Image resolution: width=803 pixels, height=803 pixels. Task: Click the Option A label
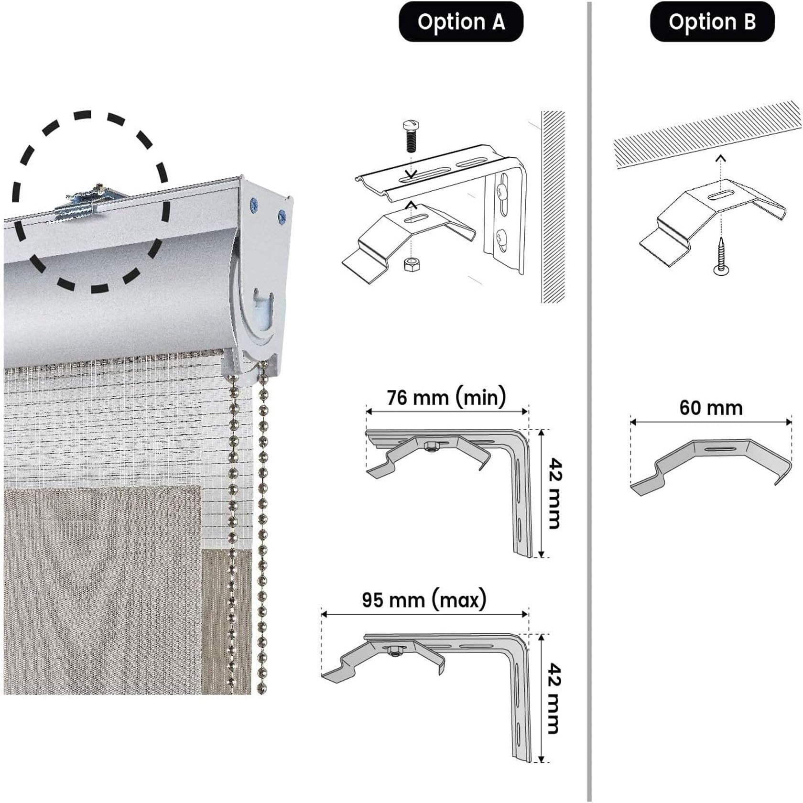pyautogui.click(x=461, y=22)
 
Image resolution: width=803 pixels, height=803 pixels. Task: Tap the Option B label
pyautogui.click(x=712, y=22)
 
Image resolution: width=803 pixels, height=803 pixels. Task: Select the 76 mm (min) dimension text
pyautogui.click(x=446, y=398)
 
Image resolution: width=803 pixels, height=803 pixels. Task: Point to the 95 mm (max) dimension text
pyautogui.click(x=424, y=599)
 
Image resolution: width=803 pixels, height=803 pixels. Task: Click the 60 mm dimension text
pyautogui.click(x=711, y=408)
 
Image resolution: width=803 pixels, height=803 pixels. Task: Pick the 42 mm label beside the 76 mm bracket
pyautogui.click(x=554, y=493)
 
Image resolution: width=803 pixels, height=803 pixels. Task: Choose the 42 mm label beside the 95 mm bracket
pyautogui.click(x=554, y=697)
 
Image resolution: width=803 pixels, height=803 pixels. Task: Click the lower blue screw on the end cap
pyautogui.click(x=282, y=217)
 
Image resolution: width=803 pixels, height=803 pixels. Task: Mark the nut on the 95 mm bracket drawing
pyautogui.click(x=394, y=651)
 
